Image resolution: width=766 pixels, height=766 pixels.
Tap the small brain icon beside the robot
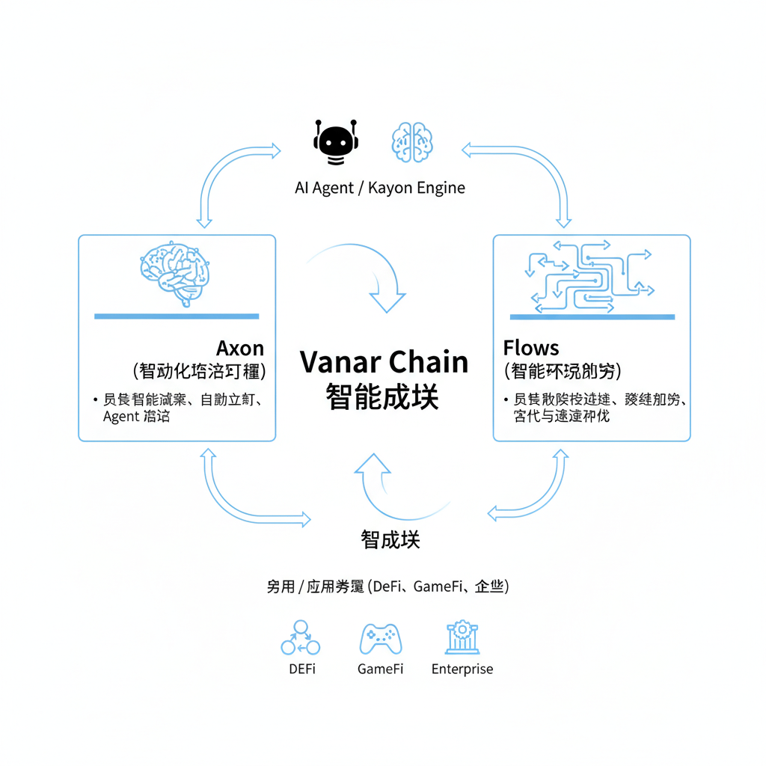coord(412,141)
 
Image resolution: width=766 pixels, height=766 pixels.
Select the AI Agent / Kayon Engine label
coord(380,188)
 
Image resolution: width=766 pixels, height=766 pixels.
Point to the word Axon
coord(240,349)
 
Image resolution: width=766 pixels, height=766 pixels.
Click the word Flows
coord(531,348)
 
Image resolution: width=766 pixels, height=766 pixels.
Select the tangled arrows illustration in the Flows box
coord(591,276)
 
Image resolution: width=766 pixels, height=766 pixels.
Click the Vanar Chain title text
coord(384,362)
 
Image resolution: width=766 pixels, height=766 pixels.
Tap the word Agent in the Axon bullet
coord(120,417)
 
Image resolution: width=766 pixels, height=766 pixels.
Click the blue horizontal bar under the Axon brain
coord(177,316)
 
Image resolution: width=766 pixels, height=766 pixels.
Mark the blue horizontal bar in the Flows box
coord(592,317)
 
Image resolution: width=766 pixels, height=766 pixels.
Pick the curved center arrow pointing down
coord(367,277)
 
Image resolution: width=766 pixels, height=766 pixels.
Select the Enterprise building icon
coord(462,637)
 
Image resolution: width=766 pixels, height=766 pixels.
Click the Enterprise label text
coord(462,670)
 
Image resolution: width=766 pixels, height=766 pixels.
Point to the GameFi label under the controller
coord(380,670)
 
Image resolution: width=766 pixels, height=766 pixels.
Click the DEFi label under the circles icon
coord(302,670)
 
